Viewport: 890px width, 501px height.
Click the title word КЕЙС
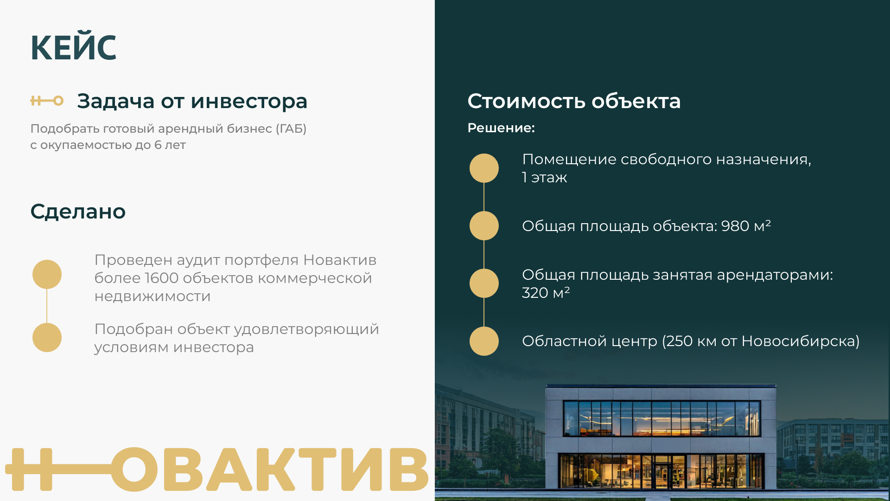point(73,47)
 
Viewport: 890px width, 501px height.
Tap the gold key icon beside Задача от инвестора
point(47,101)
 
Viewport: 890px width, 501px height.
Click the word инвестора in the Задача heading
point(249,101)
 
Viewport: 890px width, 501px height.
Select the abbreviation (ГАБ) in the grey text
point(291,128)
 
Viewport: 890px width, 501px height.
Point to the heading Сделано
point(78,212)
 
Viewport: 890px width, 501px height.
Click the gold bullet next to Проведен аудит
point(47,274)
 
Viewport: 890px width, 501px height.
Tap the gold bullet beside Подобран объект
point(47,337)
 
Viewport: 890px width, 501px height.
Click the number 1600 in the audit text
point(162,278)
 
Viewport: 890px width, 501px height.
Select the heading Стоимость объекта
point(574,101)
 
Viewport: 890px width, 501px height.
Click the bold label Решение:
point(501,128)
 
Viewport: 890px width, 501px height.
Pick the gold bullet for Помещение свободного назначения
point(484,168)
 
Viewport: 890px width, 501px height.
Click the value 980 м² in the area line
point(746,225)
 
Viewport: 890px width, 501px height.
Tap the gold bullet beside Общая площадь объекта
point(484,225)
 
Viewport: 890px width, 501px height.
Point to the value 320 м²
point(546,293)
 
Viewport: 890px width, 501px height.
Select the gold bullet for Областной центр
point(484,341)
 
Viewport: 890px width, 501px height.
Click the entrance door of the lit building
point(662,472)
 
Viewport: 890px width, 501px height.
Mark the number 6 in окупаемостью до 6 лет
point(158,145)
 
